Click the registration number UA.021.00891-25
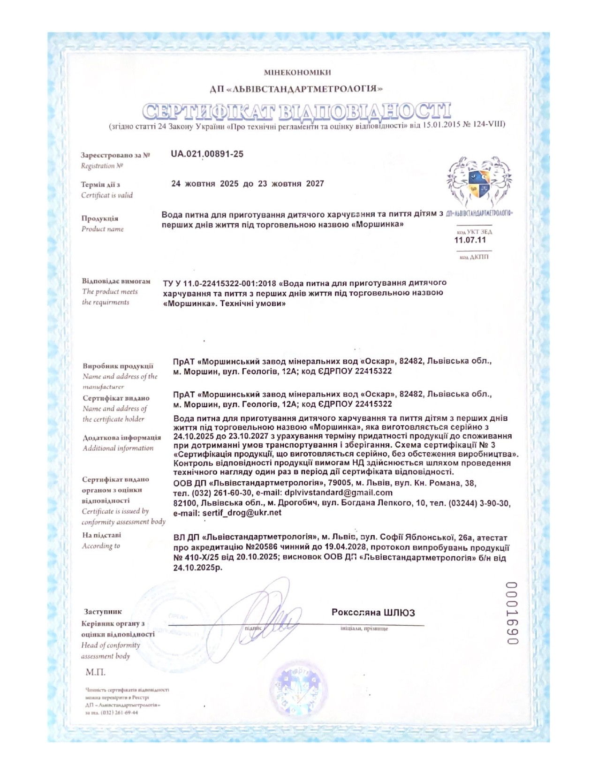(207, 154)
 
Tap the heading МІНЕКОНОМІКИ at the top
(297, 72)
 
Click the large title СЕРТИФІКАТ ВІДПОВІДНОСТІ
(296, 111)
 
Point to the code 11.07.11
(470, 240)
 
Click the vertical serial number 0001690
(512, 613)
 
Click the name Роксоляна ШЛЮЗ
(373, 612)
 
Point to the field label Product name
(102, 229)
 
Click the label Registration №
(102, 166)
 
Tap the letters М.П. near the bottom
(95, 672)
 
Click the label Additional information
(118, 448)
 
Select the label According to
(101, 546)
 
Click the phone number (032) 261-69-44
(120, 713)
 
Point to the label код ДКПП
(474, 257)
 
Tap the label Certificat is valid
(107, 195)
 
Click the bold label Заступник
(103, 612)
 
